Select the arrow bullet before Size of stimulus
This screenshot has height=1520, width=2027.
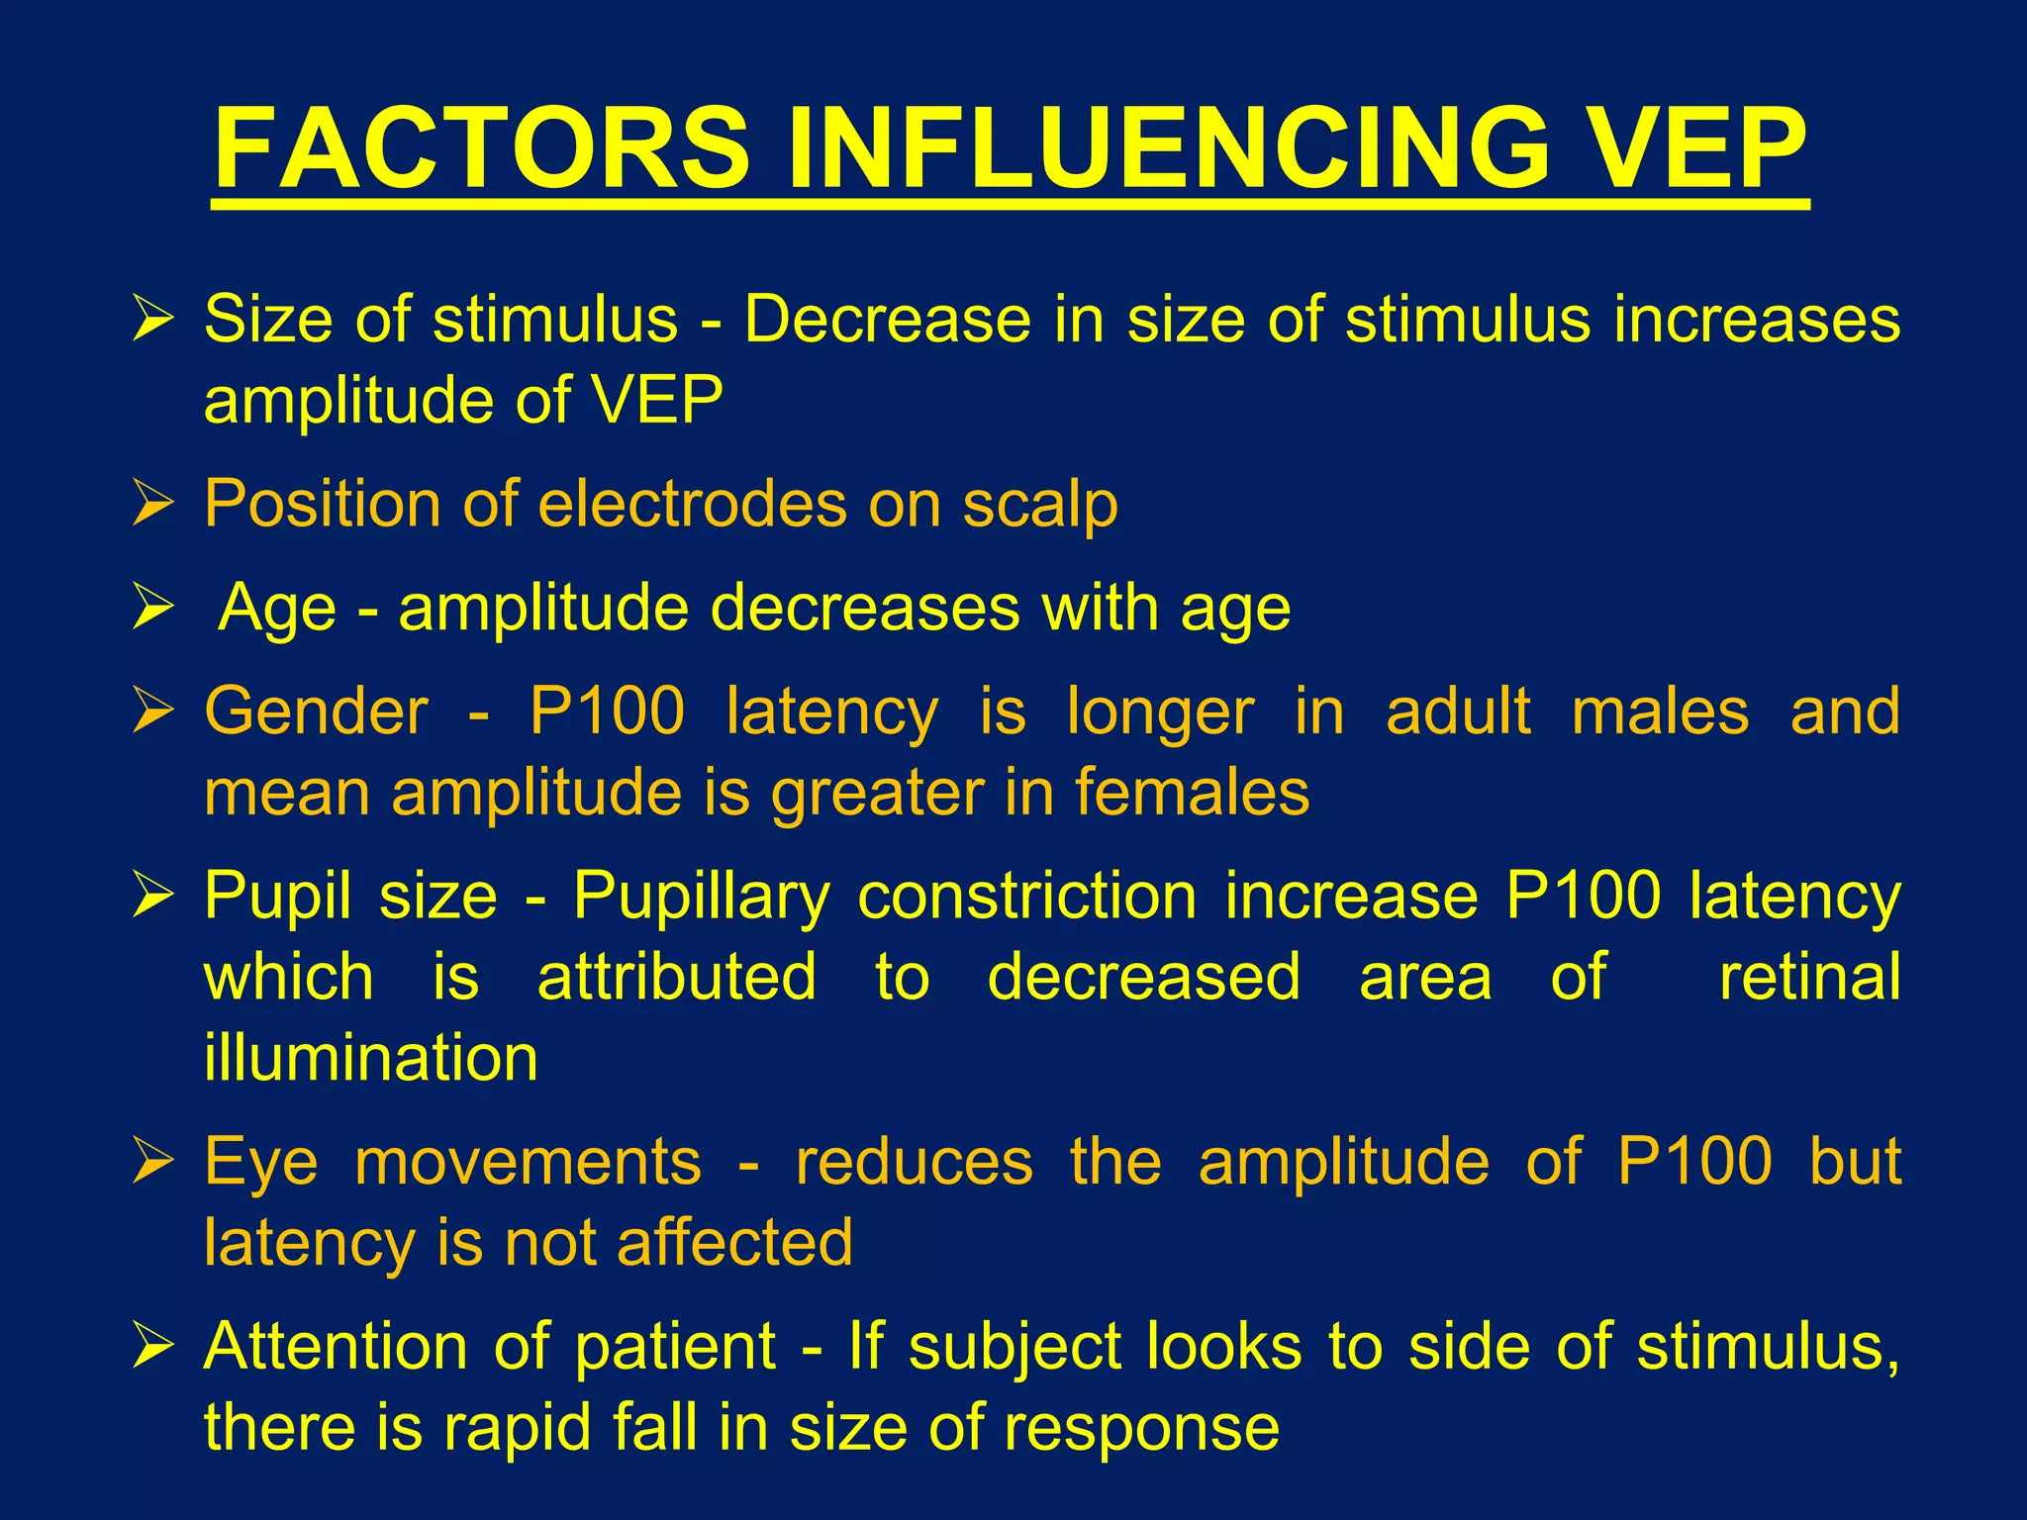153,321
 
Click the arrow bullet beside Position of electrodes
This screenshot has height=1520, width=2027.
153,505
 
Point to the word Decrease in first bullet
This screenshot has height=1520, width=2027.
887,320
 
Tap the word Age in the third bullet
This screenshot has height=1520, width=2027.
276,608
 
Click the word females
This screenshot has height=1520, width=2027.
1192,793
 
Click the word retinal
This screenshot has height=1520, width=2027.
1809,977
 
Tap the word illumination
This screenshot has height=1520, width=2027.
371,1058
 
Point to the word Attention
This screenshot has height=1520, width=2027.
336,1347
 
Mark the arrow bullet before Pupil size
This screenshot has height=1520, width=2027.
153,896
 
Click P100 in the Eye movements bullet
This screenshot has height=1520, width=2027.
1694,1162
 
